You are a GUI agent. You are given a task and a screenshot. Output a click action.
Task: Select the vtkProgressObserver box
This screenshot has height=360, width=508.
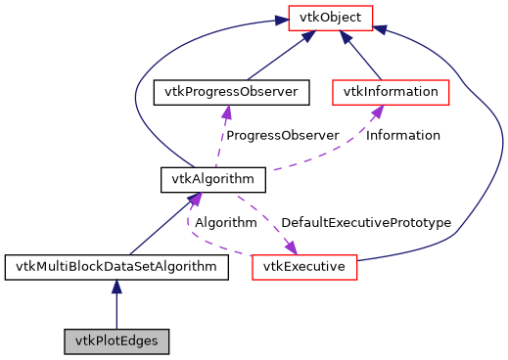tap(231, 92)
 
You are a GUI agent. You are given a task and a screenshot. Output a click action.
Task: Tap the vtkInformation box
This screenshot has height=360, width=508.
tap(391, 92)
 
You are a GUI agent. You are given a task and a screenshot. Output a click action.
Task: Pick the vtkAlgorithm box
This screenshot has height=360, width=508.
tap(212, 179)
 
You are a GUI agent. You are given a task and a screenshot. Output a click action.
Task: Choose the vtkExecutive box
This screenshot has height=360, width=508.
tap(304, 266)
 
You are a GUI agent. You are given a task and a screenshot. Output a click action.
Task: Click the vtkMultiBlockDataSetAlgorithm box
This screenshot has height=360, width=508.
tap(116, 266)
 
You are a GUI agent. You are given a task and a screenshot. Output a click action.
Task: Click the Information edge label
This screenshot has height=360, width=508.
tap(402, 135)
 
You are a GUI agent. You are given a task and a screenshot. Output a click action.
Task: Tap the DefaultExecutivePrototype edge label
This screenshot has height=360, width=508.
tap(365, 223)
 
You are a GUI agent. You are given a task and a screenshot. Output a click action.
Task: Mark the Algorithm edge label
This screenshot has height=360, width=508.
tap(225, 223)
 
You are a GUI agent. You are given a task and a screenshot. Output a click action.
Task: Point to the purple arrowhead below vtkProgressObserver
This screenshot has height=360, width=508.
tap(227, 112)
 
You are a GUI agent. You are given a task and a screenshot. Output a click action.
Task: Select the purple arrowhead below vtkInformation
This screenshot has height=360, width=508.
tap(375, 112)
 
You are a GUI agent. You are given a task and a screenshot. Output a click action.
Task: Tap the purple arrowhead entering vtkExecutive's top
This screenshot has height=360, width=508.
tap(291, 247)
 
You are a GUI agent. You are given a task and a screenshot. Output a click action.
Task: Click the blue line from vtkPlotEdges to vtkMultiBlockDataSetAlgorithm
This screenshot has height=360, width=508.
tap(116, 311)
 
